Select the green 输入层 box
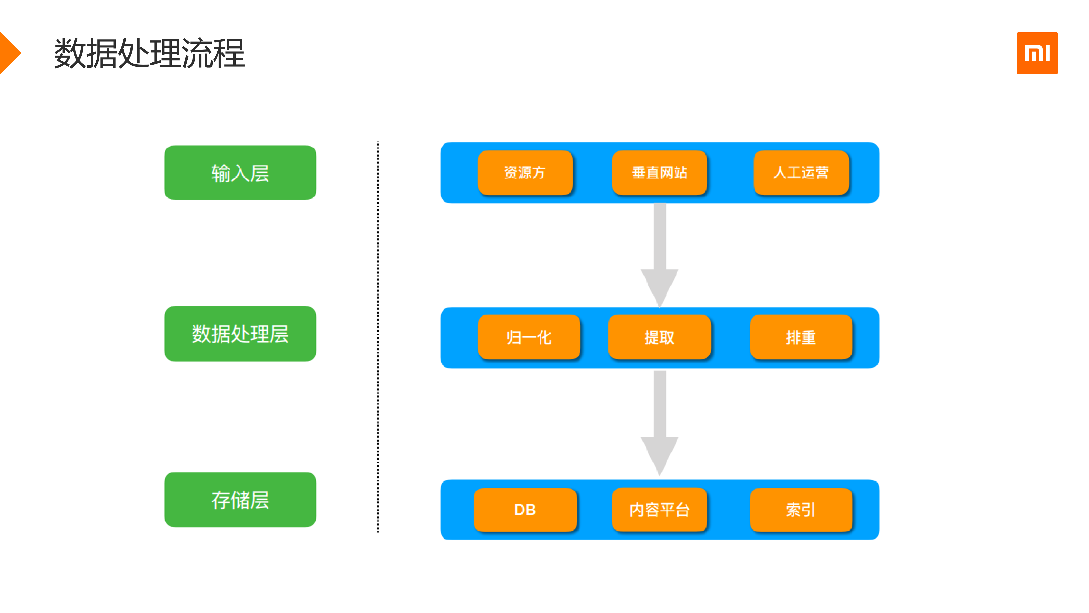[x=240, y=173]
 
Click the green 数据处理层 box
[x=240, y=334]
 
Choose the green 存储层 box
[x=240, y=500]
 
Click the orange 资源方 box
[x=525, y=173]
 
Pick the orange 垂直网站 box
[x=659, y=173]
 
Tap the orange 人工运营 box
[x=801, y=173]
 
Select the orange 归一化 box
[x=529, y=337]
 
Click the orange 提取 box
[x=659, y=337]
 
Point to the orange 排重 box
[x=801, y=337]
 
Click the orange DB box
[x=525, y=510]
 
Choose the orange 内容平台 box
[x=659, y=510]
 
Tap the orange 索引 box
[x=801, y=510]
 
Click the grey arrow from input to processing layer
[x=659, y=254]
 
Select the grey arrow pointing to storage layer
[x=659, y=423]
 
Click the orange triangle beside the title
[x=9, y=53]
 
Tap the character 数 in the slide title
[x=70, y=53]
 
